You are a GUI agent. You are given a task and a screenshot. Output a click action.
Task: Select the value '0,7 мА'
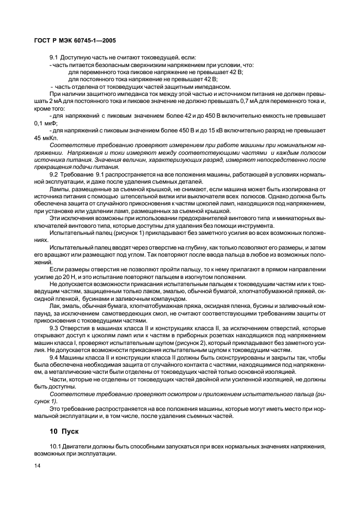(x=264, y=102)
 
